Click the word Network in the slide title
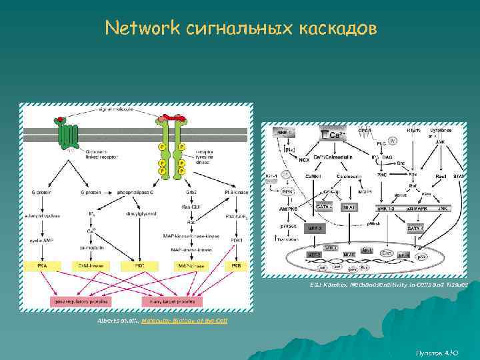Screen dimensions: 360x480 coord(142,28)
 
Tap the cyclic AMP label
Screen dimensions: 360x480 coord(41,239)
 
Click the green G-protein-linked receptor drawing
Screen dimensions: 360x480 coord(68,136)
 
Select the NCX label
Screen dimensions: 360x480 coord(303,160)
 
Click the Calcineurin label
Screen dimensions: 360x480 coord(349,176)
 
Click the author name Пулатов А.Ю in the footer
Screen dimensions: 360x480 coord(437,351)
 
